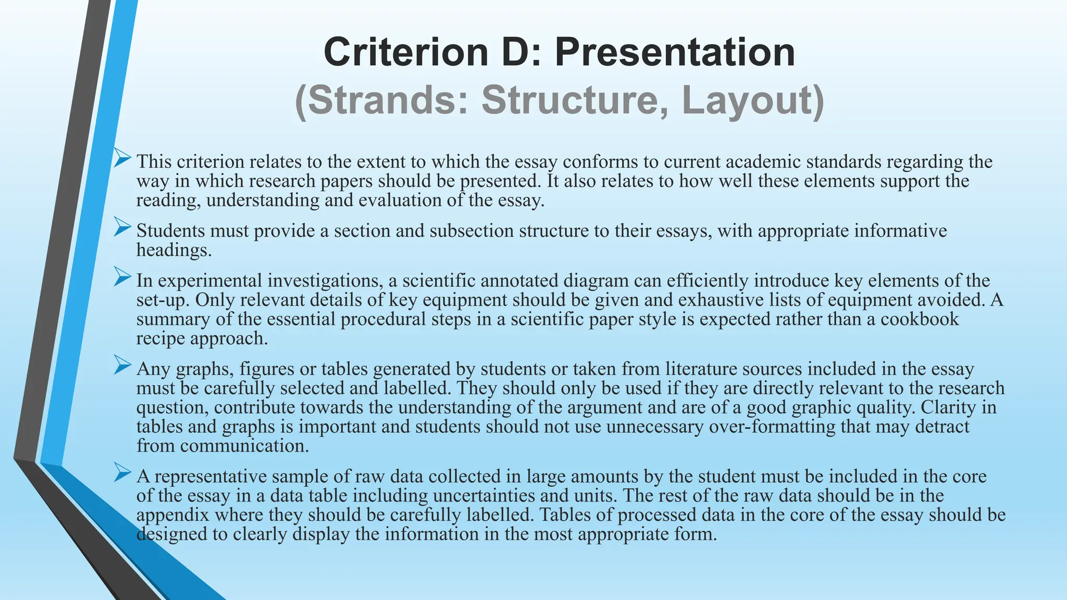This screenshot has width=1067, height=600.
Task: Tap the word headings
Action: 174,251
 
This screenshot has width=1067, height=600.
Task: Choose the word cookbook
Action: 920,319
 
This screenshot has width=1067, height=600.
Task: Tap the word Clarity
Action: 948,407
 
